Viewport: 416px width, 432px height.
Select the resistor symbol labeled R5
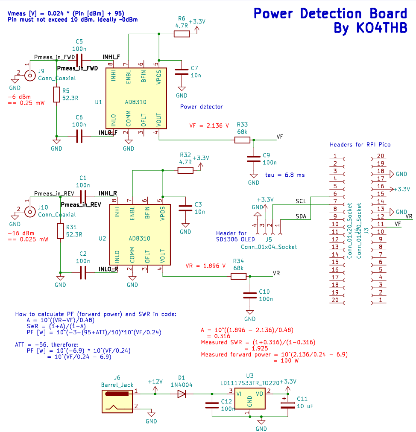56,94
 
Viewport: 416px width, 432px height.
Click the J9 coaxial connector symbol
29,76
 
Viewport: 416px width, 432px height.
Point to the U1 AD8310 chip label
135,102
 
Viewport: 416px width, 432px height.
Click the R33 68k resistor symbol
242,140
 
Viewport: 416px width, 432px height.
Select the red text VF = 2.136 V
209,126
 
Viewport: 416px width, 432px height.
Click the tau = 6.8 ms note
285,175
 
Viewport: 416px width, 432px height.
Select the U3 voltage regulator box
250,399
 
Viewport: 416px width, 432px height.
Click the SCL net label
301,201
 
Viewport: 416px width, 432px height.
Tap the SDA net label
302,216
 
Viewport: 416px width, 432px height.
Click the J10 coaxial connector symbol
29,211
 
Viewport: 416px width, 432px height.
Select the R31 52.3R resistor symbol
60,231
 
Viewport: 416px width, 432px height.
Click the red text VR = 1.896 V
205,266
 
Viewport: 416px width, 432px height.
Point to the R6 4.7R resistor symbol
181,34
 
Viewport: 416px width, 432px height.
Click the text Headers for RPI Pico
360,145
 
